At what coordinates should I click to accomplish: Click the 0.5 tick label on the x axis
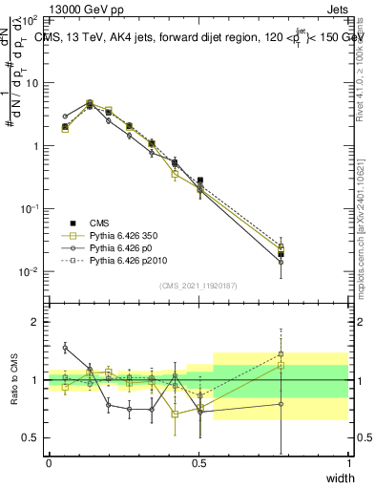tap(198, 463)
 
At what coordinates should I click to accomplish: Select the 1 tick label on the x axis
tap(348, 463)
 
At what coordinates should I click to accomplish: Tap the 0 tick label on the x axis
tap(49, 463)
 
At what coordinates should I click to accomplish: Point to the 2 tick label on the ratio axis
tap(34, 322)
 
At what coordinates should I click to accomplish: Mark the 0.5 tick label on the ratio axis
tap(31, 437)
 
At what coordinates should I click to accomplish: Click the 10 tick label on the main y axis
tap(32, 83)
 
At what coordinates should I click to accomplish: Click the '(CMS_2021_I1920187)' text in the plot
tap(198, 286)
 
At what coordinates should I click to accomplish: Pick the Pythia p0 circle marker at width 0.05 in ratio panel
tap(65, 349)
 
